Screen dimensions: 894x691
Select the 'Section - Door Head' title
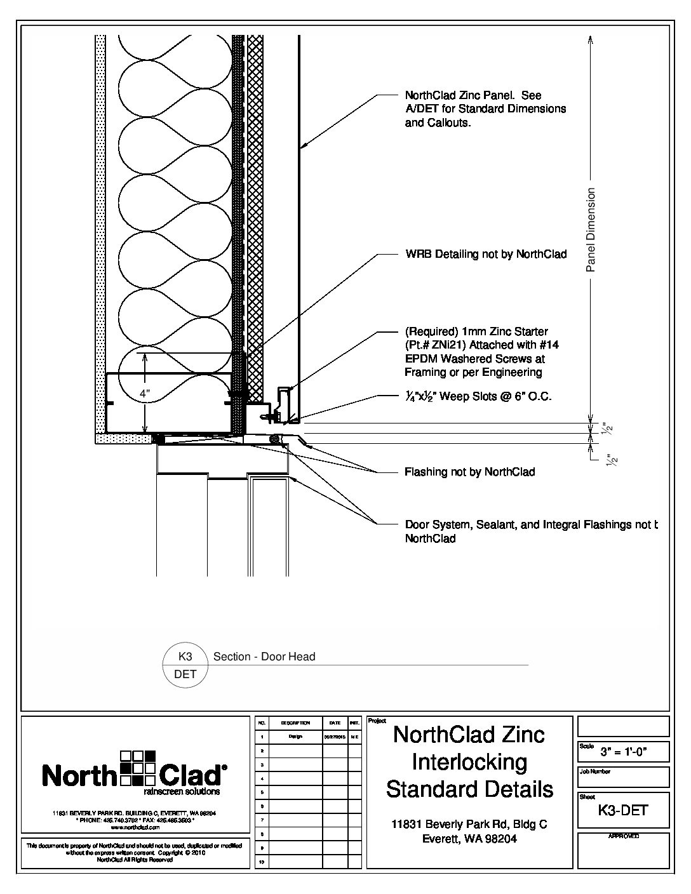264,657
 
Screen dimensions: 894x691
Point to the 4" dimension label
146,394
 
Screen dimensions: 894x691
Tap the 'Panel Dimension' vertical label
591,230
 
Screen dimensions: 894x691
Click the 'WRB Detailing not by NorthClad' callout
486,255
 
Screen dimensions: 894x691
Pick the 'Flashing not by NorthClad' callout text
469,472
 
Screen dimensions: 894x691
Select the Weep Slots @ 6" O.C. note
478,397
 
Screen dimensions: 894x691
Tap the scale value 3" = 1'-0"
632,754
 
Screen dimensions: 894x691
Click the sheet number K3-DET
623,810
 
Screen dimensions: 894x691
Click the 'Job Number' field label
594,772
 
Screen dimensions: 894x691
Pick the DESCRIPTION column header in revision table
295,723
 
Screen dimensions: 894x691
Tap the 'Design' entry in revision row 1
295,737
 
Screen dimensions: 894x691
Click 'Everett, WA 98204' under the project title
469,839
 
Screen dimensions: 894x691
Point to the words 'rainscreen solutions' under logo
182,792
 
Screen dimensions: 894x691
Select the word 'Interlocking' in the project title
469,762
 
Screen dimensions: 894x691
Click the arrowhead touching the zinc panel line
304,148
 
